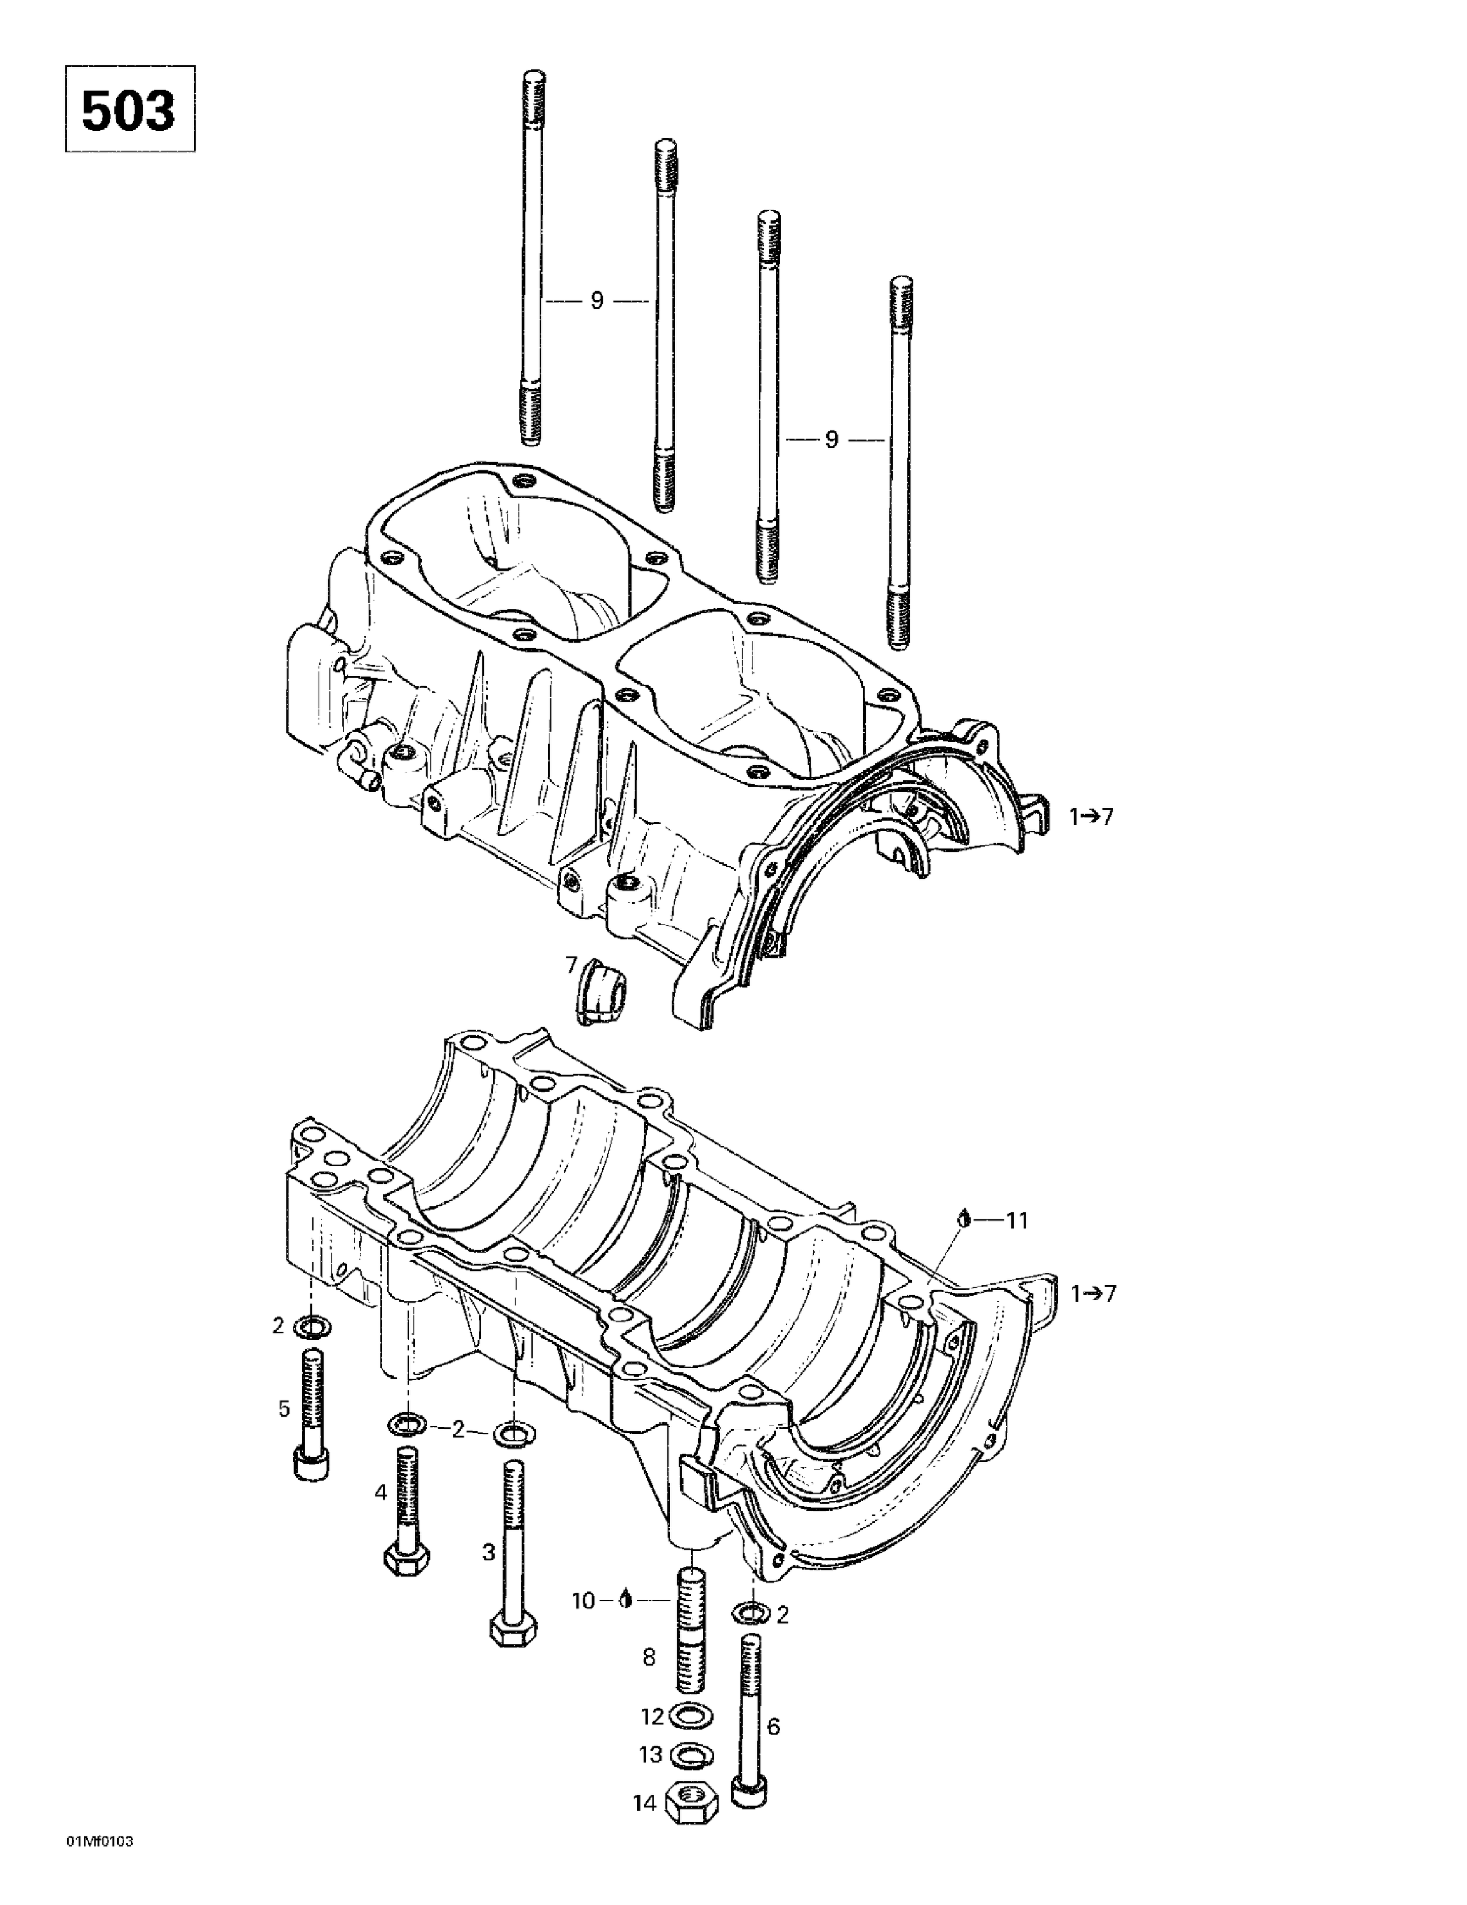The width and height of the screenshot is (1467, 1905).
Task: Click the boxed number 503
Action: pos(129,110)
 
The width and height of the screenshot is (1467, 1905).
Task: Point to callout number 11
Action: pos(1017,1220)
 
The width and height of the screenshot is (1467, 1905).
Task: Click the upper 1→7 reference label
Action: pos(1092,817)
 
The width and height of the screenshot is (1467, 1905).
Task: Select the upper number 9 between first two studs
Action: pos(597,301)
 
